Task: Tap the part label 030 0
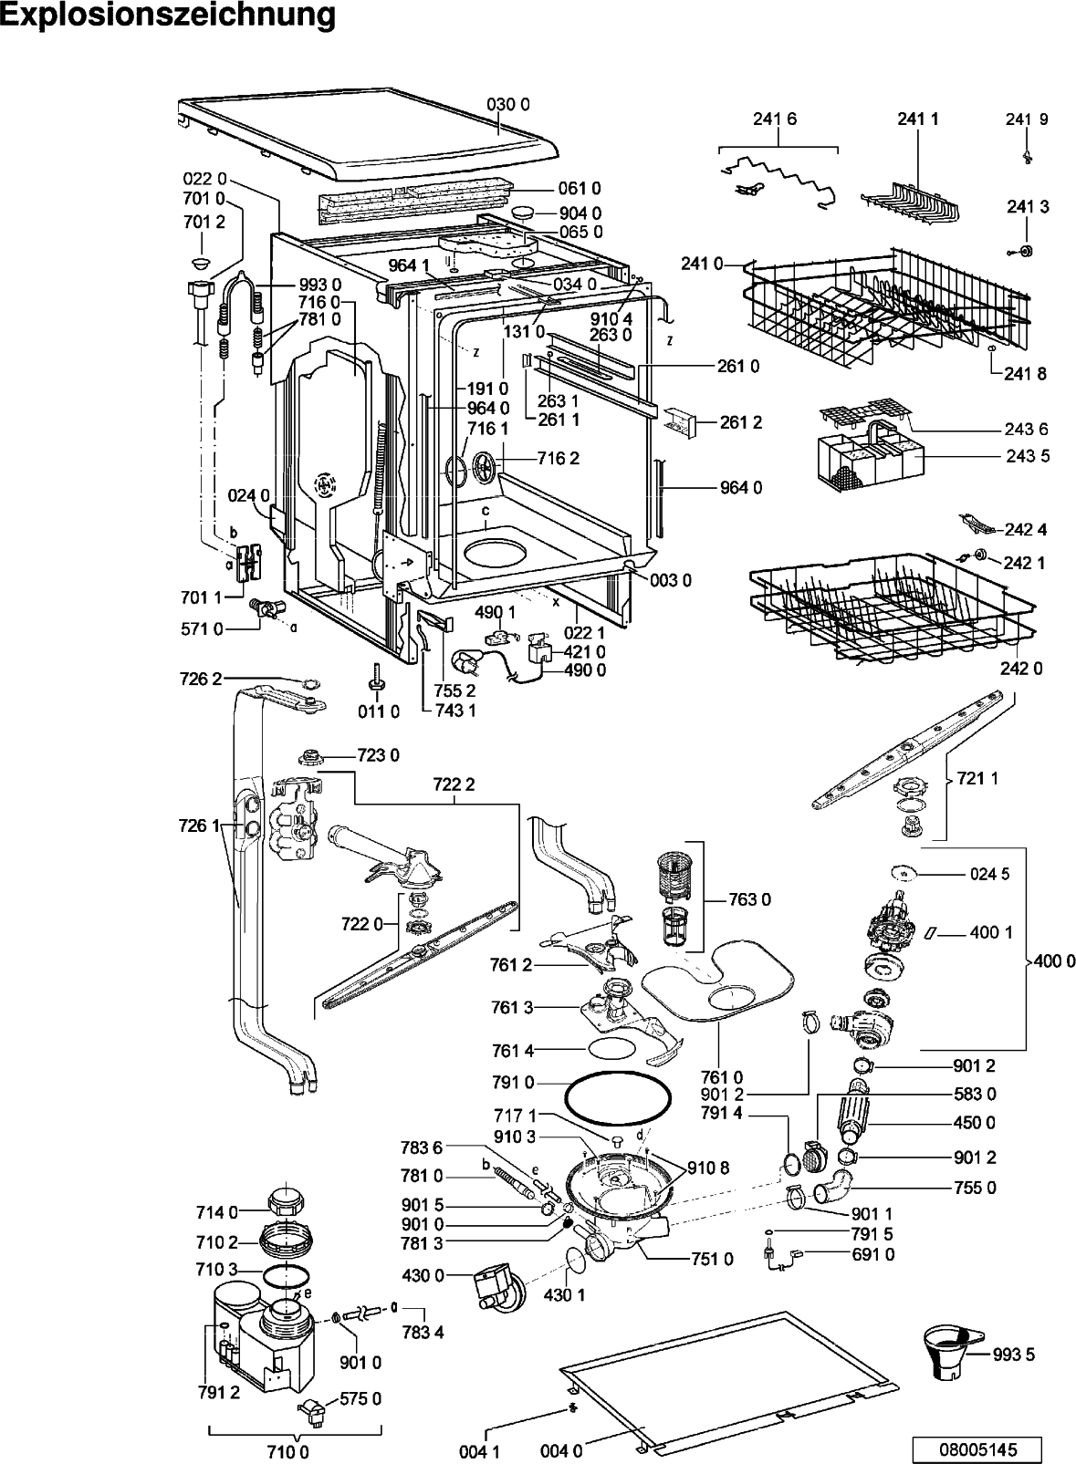508,105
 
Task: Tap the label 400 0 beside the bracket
1054,960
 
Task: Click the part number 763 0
750,899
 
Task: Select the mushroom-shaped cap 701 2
202,263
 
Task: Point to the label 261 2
741,422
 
